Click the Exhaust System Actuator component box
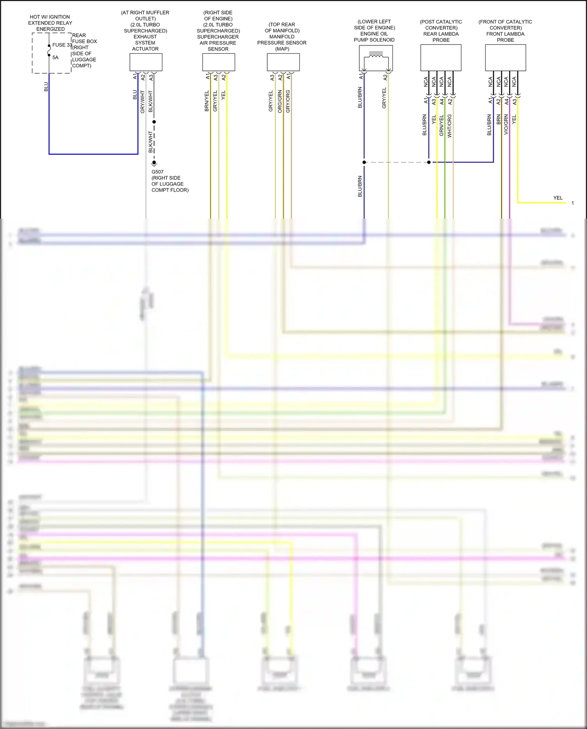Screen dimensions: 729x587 coord(146,62)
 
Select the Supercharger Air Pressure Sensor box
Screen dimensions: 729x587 coord(218,62)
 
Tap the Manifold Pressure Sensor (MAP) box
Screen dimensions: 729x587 coord(283,62)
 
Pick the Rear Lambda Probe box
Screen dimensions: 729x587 coord(441,58)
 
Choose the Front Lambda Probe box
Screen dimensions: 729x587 coord(505,58)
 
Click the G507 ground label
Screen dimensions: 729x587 coord(157,172)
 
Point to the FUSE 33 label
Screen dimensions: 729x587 coord(62,45)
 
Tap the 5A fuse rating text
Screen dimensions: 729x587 coord(55,58)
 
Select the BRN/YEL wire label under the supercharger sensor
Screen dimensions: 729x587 coord(207,101)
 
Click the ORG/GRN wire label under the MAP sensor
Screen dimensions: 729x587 coord(280,101)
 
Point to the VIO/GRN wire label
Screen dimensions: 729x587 coord(506,125)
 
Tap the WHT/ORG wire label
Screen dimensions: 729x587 coord(449,125)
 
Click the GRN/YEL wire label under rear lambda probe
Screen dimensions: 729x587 coord(441,125)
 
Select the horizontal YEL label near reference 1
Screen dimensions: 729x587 coord(558,198)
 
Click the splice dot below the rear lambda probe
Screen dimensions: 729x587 coord(429,162)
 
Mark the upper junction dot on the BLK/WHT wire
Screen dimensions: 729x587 coord(154,122)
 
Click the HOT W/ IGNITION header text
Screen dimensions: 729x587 coord(50,17)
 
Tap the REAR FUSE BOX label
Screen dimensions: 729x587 coord(84,38)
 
